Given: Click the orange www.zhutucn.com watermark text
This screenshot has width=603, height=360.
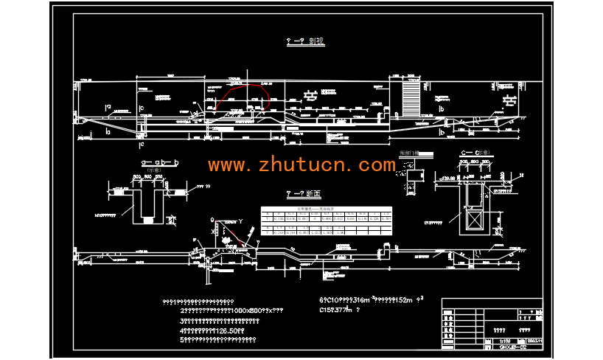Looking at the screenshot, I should click(x=301, y=165).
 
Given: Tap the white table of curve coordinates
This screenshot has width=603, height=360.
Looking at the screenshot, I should click(x=327, y=223).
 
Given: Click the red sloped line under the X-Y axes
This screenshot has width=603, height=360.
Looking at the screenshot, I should click(x=234, y=235).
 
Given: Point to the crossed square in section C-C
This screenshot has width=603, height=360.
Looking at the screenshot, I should click(x=473, y=221).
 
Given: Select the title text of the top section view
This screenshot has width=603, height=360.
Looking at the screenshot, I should click(x=305, y=42).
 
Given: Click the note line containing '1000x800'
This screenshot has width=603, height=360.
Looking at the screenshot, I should click(x=231, y=311).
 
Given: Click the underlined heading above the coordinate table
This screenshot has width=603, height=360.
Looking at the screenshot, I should click(x=304, y=194).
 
